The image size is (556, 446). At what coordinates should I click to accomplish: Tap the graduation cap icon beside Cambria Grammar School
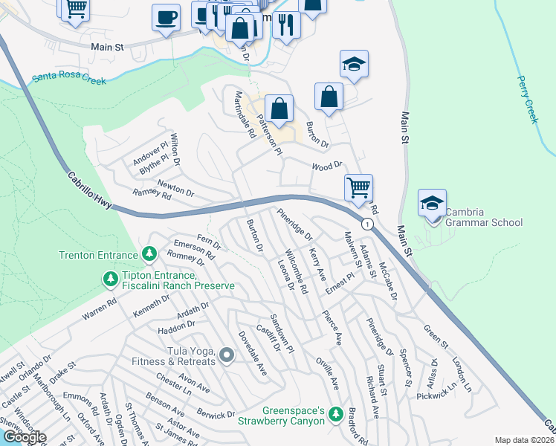point(432,203)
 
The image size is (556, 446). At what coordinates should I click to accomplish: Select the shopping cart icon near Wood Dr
point(358,187)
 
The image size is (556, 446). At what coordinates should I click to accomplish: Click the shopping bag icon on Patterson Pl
point(278,109)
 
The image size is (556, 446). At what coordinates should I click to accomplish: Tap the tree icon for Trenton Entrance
point(149,255)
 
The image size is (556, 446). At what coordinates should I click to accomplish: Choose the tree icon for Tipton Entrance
point(110,279)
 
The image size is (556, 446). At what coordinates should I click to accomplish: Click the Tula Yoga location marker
point(226,358)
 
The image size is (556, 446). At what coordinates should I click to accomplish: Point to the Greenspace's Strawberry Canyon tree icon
point(336,413)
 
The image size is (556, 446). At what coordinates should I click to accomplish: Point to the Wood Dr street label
point(326,166)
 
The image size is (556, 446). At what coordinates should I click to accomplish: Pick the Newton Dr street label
point(175,187)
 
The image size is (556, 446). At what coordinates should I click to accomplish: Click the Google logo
point(24,437)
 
